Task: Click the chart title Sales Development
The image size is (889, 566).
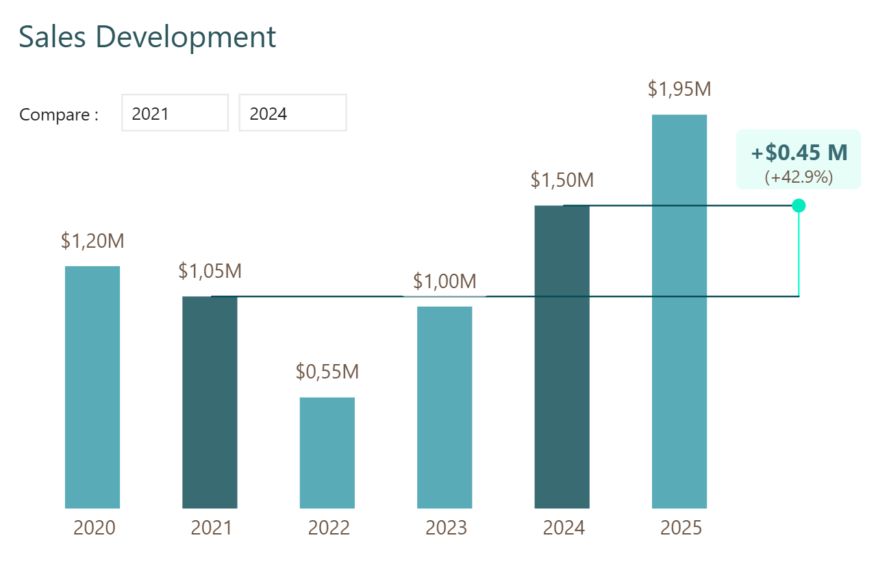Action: coord(147,37)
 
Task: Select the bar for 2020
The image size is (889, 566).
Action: coord(92,387)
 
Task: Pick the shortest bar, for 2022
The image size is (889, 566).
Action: coord(327,452)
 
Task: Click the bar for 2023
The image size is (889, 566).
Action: coord(444,407)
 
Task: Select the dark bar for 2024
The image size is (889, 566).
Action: coord(562,357)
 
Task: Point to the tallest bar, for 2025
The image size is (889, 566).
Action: coord(679,311)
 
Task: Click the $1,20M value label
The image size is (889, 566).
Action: coord(92,241)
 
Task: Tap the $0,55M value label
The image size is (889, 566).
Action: coord(327,372)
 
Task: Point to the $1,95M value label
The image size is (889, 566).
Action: coord(679,89)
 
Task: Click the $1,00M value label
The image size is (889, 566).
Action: coord(444,281)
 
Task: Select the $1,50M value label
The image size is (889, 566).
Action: coord(562,181)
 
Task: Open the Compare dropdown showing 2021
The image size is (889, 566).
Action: coord(175,113)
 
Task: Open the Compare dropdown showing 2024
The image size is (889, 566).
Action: coord(292,113)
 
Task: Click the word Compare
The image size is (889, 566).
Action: coord(58,115)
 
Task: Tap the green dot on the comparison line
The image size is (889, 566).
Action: coord(798,205)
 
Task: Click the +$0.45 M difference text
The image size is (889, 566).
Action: coord(799,153)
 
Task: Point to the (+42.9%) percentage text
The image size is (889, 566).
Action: coord(799,177)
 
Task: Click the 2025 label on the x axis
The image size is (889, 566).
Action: coord(681,528)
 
